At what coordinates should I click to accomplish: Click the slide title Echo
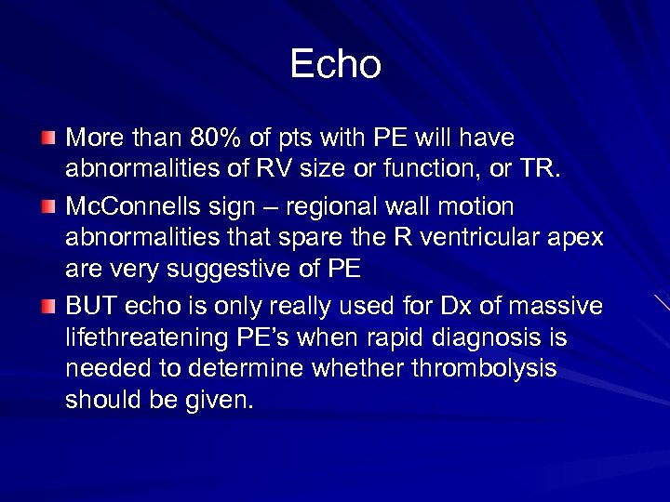click(335, 64)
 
